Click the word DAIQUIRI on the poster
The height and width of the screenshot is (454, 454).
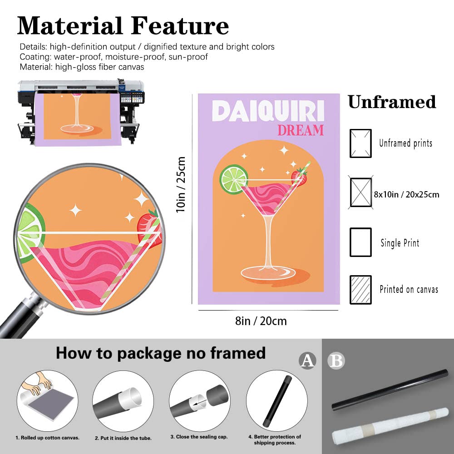pos(268,111)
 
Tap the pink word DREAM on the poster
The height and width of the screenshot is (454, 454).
pos(301,130)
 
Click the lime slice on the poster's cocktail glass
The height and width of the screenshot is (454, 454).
pos(234,178)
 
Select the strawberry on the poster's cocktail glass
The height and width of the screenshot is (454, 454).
pos(299,177)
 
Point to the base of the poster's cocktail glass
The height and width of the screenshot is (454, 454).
pos(268,273)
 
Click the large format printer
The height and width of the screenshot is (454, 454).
pos(81,112)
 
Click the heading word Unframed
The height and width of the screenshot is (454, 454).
pos(392,102)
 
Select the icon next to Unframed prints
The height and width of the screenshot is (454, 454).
pos(360,143)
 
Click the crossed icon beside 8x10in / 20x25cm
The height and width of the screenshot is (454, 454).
pos(360,192)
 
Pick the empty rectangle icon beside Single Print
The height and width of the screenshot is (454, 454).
pos(360,242)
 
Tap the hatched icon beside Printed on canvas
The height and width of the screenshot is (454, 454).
pos(360,290)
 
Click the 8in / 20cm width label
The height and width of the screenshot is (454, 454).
pos(261,321)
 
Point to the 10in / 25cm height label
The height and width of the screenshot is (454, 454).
pos(181,185)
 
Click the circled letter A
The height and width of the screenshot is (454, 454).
pos(307,361)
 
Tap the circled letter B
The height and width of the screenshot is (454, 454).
pos(336,361)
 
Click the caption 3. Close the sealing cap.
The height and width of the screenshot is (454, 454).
pos(199,437)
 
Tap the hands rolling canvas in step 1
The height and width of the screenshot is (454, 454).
pos(38,383)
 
